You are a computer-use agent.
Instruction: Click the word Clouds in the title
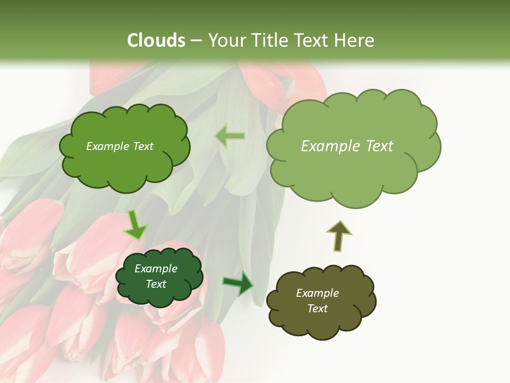(x=157, y=40)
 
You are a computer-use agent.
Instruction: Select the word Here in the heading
(x=354, y=40)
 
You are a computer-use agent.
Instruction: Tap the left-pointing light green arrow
(x=230, y=136)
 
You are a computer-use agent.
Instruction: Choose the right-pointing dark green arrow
(x=238, y=284)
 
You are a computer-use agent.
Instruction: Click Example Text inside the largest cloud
(x=347, y=146)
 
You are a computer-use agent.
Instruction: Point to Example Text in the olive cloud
(x=317, y=301)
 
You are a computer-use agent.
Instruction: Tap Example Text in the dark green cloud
(x=156, y=276)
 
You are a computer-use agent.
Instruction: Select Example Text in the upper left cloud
(x=120, y=146)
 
